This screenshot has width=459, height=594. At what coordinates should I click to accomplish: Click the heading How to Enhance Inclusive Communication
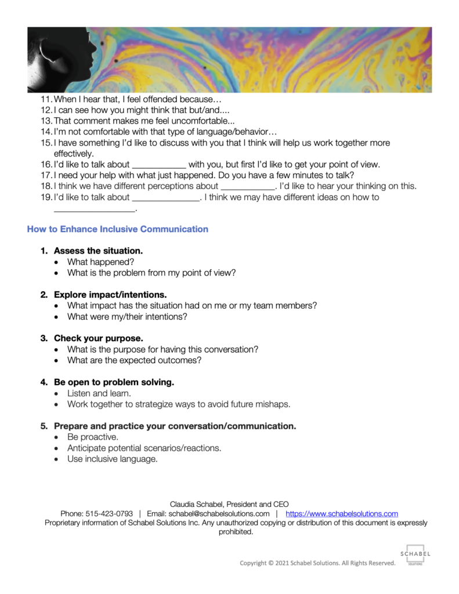click(117, 229)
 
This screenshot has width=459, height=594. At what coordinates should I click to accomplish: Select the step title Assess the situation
click(98, 251)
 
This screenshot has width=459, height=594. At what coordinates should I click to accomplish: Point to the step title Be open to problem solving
click(114, 382)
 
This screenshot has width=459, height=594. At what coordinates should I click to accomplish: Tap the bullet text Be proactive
click(93, 437)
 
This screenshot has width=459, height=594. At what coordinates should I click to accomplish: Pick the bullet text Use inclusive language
click(112, 459)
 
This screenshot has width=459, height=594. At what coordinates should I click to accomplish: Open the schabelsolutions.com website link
click(342, 513)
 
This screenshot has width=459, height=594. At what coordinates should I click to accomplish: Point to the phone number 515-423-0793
click(109, 513)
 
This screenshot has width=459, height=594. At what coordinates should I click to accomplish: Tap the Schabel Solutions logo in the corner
click(415, 554)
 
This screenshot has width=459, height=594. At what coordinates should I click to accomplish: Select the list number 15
click(46, 143)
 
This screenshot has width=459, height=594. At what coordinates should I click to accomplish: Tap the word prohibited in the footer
click(236, 531)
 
